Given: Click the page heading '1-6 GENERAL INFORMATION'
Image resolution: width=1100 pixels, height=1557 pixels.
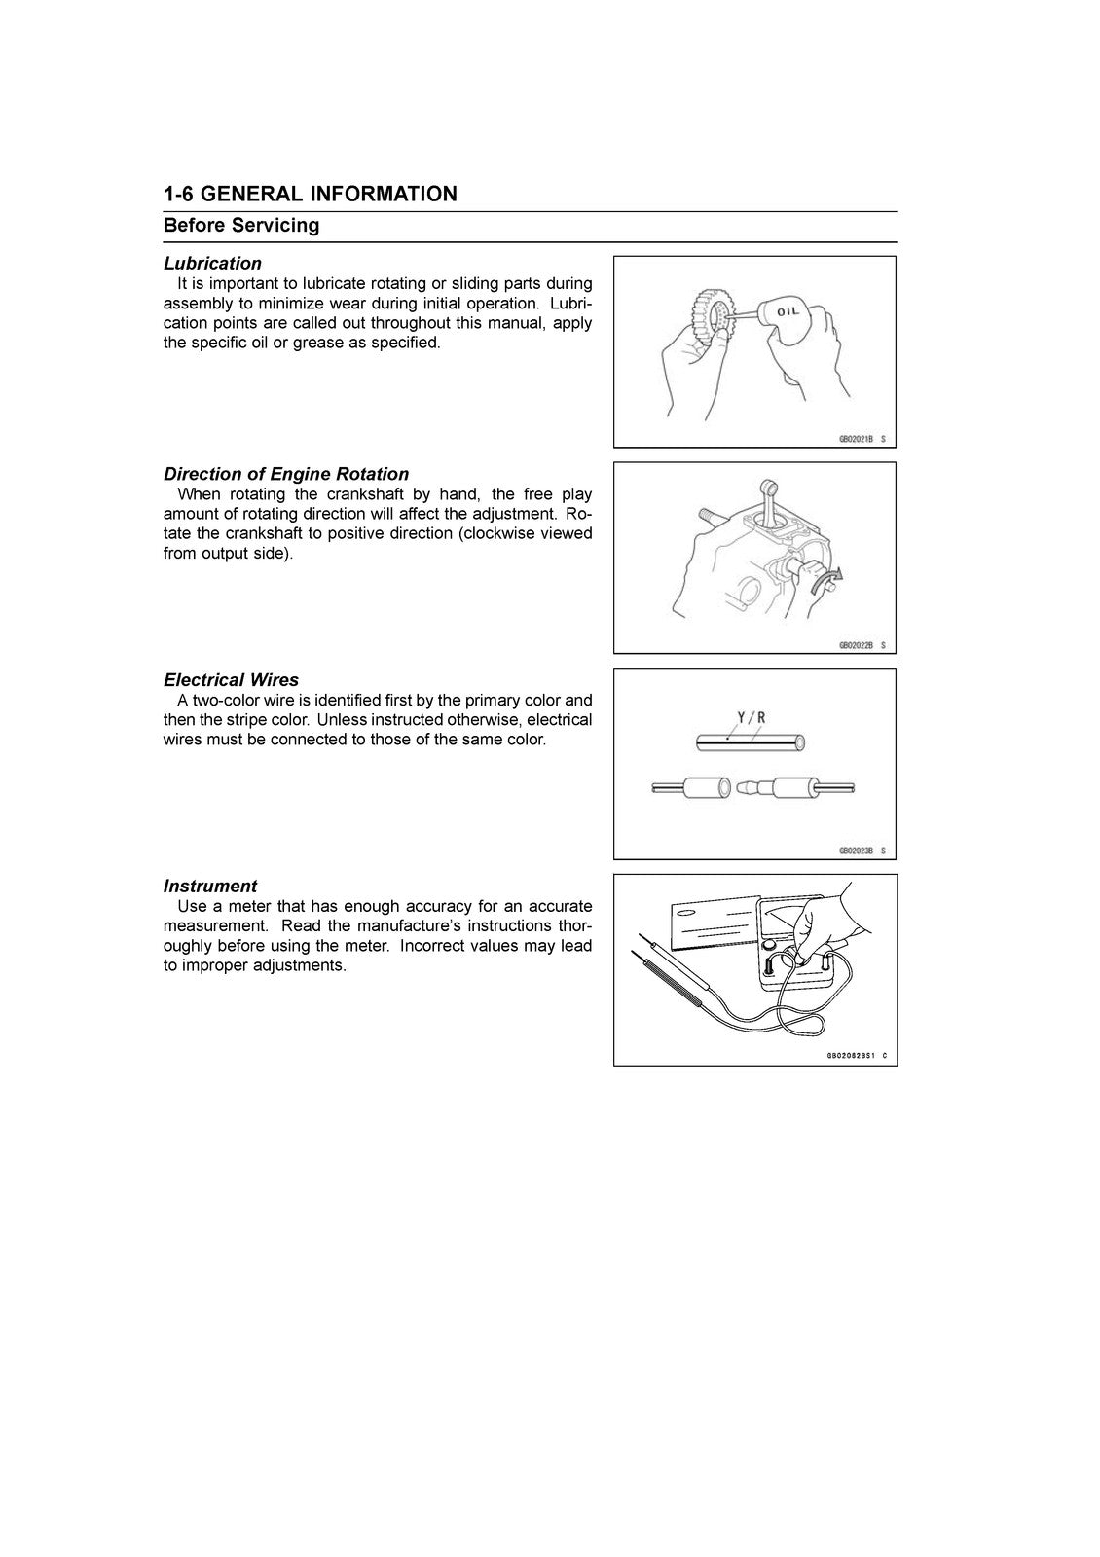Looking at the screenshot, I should pyautogui.click(x=310, y=194).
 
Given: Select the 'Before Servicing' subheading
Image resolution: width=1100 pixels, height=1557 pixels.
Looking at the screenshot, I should pyautogui.click(x=241, y=226).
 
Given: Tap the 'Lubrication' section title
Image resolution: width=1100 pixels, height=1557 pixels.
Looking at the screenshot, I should pyautogui.click(x=212, y=263).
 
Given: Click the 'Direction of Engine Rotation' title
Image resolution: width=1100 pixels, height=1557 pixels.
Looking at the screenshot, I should pyautogui.click(x=286, y=474).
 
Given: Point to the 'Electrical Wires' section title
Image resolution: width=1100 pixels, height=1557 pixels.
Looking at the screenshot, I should pyautogui.click(x=231, y=680).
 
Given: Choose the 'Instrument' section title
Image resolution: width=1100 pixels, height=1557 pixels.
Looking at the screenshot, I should pyautogui.click(x=210, y=886).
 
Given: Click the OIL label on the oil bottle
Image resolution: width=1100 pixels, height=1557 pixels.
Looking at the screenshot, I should pyautogui.click(x=786, y=311).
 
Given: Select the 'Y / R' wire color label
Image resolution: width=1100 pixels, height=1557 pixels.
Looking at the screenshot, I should pyautogui.click(x=751, y=718).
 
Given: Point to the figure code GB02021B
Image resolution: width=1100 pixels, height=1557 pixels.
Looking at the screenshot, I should pyautogui.click(x=856, y=440).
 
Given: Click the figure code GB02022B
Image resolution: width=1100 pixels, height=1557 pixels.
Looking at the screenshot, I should pyautogui.click(x=856, y=645).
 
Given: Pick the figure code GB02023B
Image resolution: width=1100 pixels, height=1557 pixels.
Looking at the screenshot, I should pyautogui.click(x=856, y=851).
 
